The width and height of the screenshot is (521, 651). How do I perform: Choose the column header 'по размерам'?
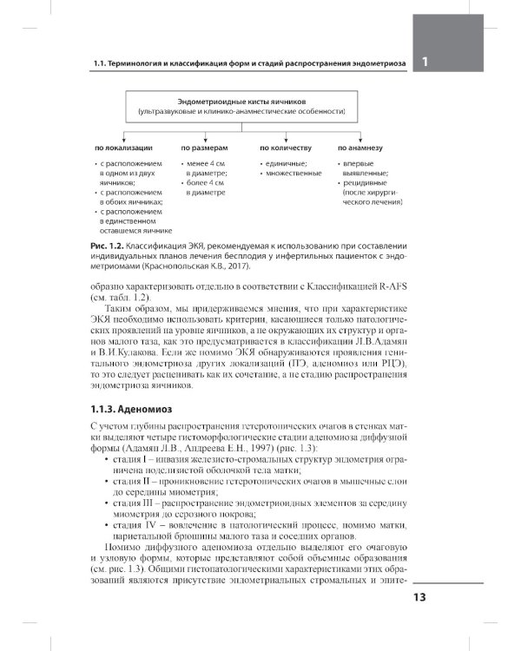pyautogui.click(x=203, y=148)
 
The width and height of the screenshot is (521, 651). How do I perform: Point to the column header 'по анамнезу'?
pyautogui.click(x=363, y=148)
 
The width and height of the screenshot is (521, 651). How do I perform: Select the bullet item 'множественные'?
pyautogui.click(x=293, y=174)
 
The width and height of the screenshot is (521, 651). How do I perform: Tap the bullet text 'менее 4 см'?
pyautogui.click(x=206, y=163)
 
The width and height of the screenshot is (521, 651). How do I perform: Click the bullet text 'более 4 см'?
pyautogui.click(x=206, y=183)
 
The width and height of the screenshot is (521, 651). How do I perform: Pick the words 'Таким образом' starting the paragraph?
pyautogui.click(x=136, y=309)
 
